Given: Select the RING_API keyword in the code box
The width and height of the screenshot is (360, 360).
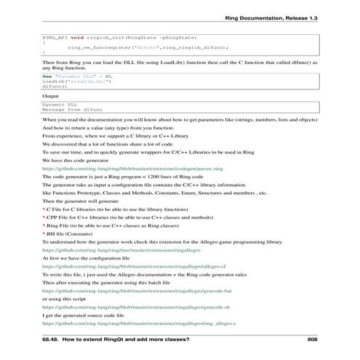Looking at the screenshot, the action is click(x=54, y=36).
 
